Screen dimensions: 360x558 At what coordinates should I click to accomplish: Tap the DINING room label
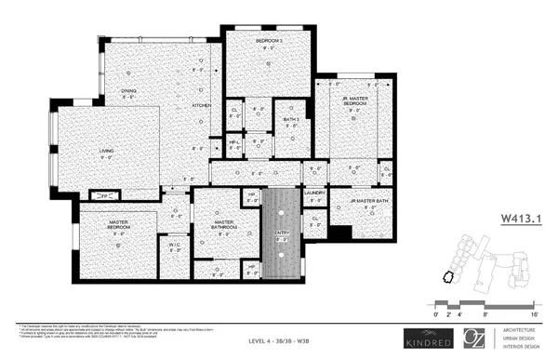point(127,90)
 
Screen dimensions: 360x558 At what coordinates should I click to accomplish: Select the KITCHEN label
point(202,105)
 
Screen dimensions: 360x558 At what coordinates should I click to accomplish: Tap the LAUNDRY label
point(313,193)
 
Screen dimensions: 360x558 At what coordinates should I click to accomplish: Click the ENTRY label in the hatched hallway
point(281,233)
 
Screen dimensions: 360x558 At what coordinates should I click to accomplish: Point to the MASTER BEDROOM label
point(118,224)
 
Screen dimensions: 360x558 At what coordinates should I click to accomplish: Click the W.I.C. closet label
point(174,247)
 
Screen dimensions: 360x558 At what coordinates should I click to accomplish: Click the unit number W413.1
point(521,220)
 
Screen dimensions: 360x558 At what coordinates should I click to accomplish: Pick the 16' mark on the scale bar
point(535,314)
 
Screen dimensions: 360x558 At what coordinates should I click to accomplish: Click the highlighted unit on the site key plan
point(447,276)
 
